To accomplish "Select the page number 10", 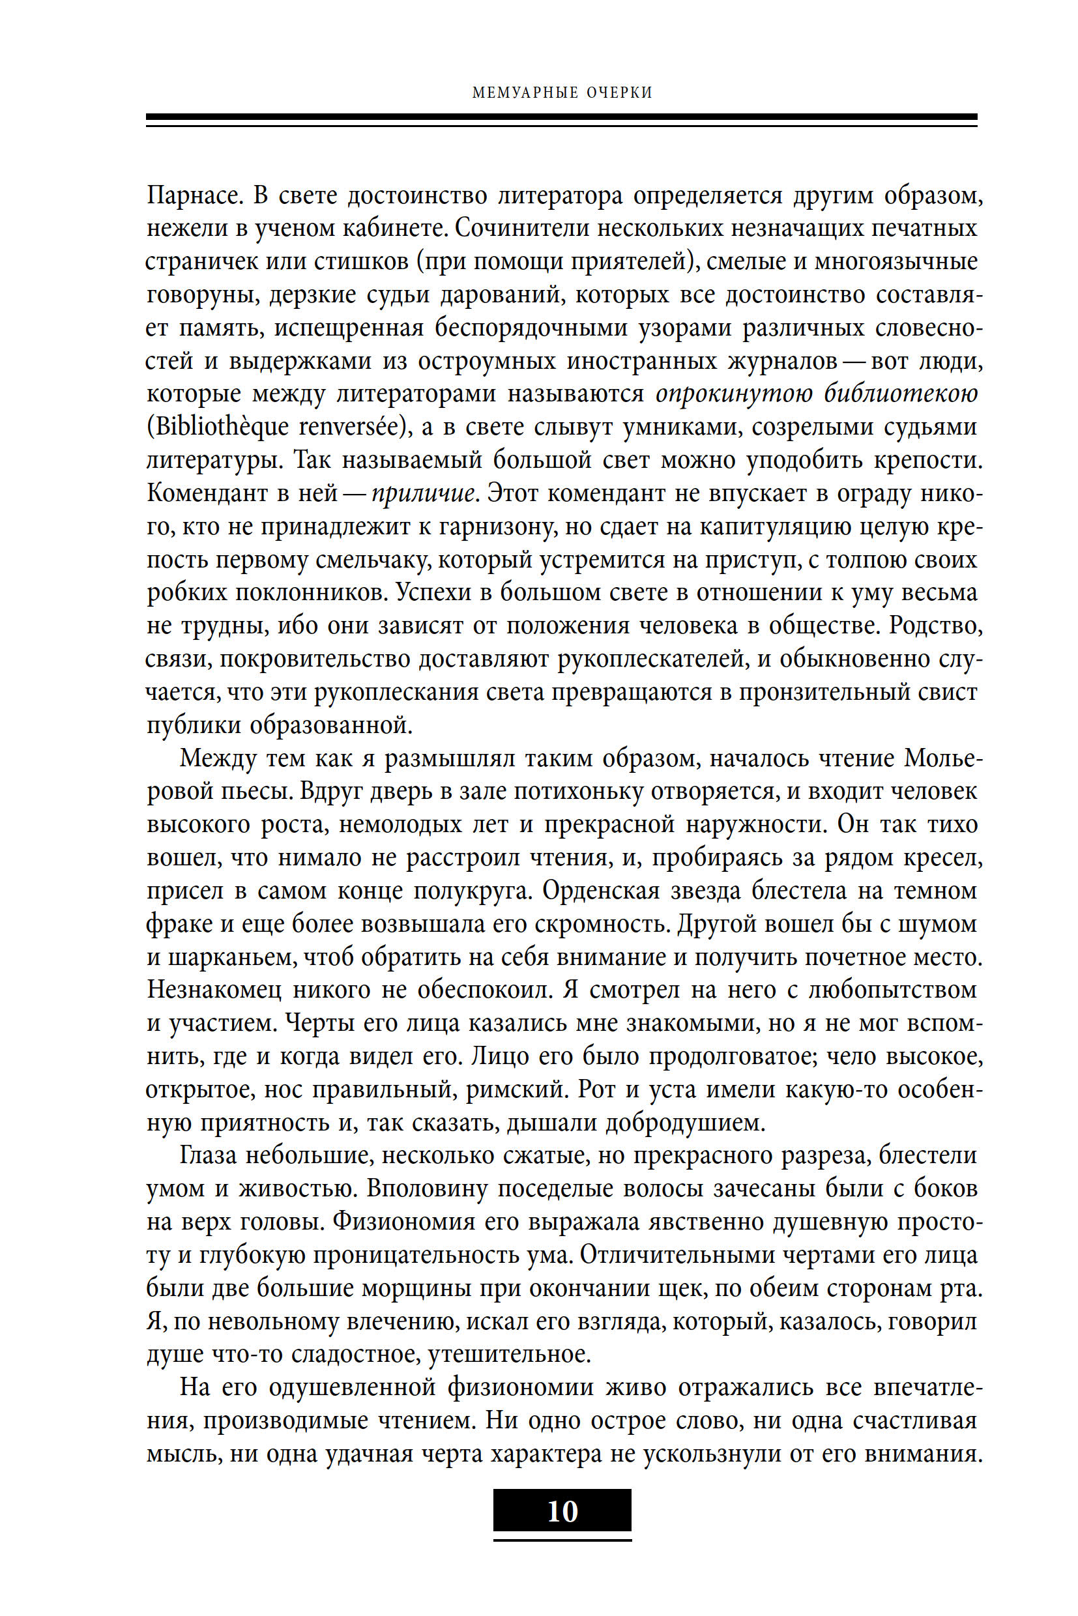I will (x=562, y=1511).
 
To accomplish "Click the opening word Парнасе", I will (x=195, y=196).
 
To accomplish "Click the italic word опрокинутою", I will (x=735, y=394).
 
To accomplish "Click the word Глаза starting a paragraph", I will (x=208, y=1155).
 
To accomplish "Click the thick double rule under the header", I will (x=561, y=121).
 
